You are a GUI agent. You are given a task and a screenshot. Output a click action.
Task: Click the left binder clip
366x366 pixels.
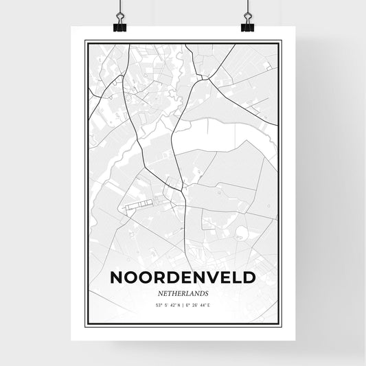(x=120, y=26)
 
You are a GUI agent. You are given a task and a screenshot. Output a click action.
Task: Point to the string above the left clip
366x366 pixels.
(x=119, y=8)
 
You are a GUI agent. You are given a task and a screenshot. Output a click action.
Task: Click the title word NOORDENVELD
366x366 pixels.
(x=183, y=278)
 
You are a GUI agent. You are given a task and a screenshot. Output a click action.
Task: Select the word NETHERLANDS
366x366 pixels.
(x=183, y=292)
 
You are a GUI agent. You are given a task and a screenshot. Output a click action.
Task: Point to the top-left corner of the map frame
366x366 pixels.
(x=85, y=41)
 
